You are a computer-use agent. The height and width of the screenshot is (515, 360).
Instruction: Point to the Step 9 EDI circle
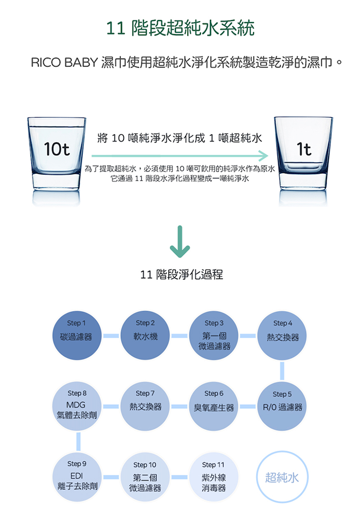[77, 477]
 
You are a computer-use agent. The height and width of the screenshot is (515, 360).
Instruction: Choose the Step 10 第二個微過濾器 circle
[145, 477]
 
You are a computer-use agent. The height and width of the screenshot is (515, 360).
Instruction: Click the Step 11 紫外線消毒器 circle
[214, 477]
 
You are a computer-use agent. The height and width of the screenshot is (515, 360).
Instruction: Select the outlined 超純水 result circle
[282, 477]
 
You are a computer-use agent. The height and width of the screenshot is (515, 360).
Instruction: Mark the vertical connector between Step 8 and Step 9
[77, 441]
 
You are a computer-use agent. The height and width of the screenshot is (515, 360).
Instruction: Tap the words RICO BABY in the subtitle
[63, 63]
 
